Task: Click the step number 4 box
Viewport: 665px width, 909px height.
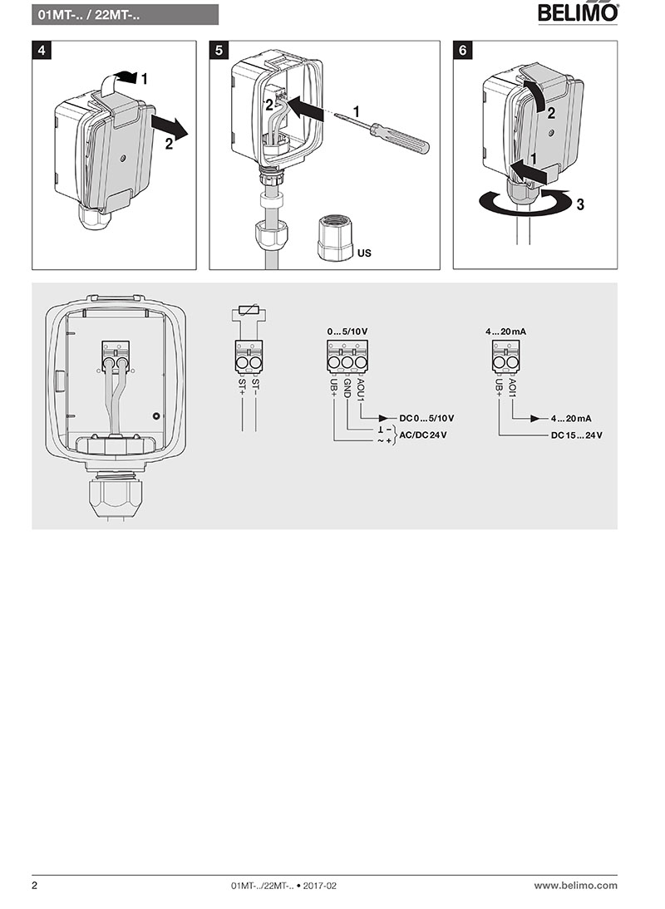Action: (x=41, y=50)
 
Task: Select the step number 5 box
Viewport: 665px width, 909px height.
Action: (x=219, y=50)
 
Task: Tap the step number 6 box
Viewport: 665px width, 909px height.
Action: (x=463, y=50)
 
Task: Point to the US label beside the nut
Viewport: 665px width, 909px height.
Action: (x=364, y=252)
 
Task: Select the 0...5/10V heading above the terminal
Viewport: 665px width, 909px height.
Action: (x=347, y=332)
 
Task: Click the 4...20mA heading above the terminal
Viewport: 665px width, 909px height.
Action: (x=506, y=332)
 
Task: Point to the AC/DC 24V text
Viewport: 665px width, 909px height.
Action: (x=423, y=435)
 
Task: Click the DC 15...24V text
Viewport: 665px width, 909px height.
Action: (x=576, y=435)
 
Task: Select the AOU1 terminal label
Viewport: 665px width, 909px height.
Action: (x=360, y=388)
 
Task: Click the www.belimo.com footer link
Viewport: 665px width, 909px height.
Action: (x=575, y=886)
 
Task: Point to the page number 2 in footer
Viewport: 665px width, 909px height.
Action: (x=35, y=886)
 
